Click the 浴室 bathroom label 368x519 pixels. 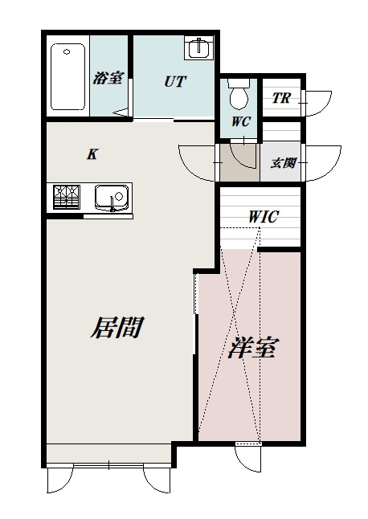tap(108, 78)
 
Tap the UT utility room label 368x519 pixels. tap(176, 80)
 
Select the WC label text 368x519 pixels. tap(240, 123)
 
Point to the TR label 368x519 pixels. tap(280, 99)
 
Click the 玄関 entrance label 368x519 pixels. tap(283, 162)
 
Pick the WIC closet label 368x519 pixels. tap(264, 216)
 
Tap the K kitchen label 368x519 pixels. tap(92, 154)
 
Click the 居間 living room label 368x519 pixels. tap(117, 328)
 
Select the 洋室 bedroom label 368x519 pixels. tap(253, 349)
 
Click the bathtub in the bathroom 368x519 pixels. tap(67, 77)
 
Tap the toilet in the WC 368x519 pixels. tap(239, 96)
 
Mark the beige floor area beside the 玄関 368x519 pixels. tap(239, 163)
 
